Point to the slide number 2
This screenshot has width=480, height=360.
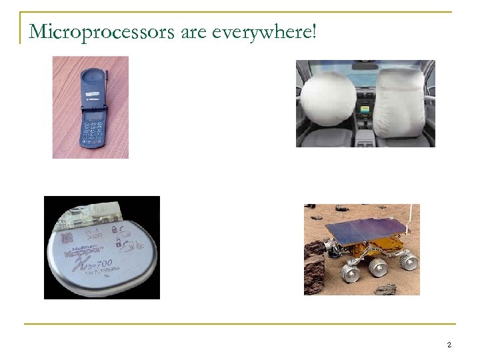449,345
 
